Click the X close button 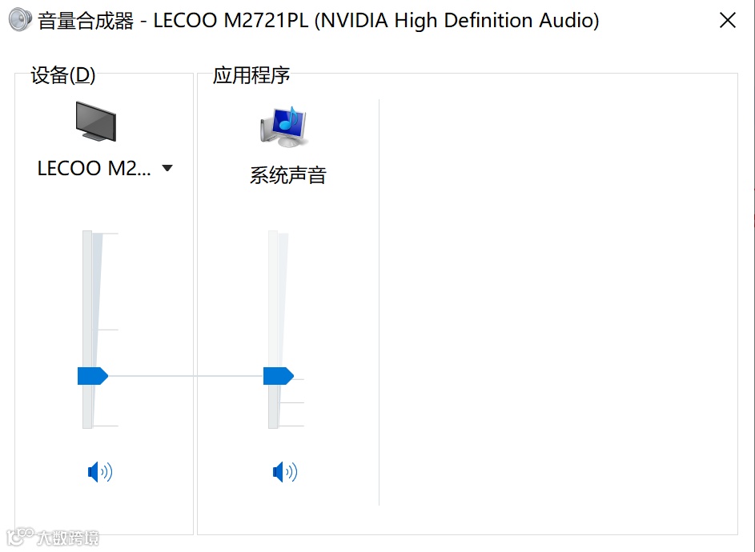pos(727,21)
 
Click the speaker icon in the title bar pos(20,20)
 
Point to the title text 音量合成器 pos(86,21)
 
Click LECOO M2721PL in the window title pos(231,21)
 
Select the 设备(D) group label pos(62,75)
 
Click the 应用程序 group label pos(251,75)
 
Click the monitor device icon pos(96,122)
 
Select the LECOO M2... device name pos(94,169)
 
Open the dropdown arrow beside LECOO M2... pos(167,169)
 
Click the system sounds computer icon pos(284,126)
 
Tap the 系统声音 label pos(288,176)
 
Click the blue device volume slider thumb pos(92,376)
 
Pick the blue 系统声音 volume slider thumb pos(278,376)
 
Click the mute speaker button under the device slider pos(100,473)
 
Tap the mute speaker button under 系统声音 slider pos(285,473)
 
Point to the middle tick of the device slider pos(107,330)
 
